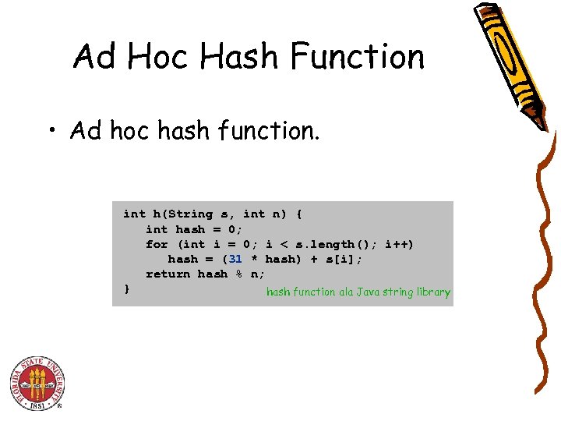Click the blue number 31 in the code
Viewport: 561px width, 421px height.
[236, 259]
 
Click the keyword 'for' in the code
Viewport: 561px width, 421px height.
[157, 244]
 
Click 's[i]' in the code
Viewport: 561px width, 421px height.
[345, 259]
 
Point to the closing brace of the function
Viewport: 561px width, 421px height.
[127, 289]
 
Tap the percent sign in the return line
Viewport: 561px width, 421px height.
[239, 274]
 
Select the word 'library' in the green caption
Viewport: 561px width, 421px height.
[432, 292]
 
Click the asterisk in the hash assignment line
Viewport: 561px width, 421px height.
[254, 260]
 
